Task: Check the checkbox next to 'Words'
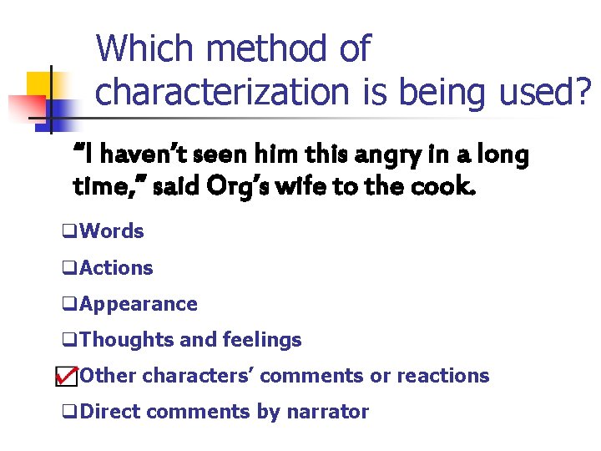[68, 232]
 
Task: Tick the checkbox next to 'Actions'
[68, 269]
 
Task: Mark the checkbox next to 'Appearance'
[68, 305]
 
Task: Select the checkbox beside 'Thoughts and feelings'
[68, 341]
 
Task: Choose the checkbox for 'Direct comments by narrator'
[68, 413]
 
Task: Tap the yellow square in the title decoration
[39, 83]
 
